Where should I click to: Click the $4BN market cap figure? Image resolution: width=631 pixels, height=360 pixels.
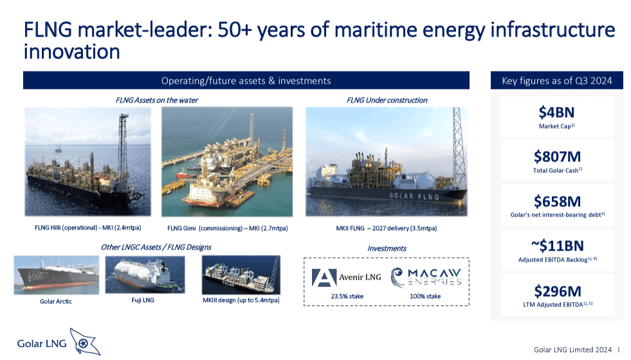coord(556,113)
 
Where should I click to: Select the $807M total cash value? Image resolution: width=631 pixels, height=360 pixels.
coord(556,157)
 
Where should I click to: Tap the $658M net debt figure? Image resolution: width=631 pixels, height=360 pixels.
coord(556,201)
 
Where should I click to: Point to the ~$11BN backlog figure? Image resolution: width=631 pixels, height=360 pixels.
coord(556,246)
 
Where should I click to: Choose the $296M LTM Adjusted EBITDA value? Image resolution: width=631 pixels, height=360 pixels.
coord(556,291)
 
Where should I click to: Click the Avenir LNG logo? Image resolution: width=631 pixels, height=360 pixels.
coord(344,277)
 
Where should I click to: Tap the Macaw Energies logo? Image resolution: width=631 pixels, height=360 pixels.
coord(426,277)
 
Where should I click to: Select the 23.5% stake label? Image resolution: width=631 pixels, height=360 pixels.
coord(344,296)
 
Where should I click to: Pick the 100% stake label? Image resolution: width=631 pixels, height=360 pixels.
coord(425,296)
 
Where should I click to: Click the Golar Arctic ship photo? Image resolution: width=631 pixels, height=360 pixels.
coord(56,275)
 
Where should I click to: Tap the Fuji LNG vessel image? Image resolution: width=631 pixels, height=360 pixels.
coord(145,274)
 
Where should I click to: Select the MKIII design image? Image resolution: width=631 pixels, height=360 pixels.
coord(241,274)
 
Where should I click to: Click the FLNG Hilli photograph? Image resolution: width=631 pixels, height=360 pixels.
coord(87,161)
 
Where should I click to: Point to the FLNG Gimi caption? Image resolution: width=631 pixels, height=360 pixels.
coord(227,228)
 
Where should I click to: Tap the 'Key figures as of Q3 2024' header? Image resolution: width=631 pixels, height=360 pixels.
coord(556,80)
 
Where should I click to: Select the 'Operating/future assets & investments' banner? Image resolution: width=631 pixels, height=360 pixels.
coord(246,80)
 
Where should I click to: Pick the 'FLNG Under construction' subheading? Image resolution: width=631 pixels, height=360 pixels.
coord(387,100)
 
